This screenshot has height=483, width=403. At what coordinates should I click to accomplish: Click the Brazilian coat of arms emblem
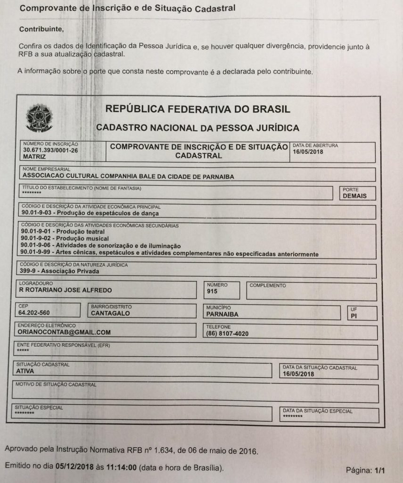click(40, 118)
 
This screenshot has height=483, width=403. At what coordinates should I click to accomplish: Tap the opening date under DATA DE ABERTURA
click(308, 152)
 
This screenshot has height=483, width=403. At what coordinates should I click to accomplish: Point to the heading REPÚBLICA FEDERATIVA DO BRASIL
click(197, 109)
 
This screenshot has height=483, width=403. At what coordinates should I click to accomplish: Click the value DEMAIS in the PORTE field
click(355, 196)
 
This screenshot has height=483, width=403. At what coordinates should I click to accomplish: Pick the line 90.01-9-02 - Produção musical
click(65, 239)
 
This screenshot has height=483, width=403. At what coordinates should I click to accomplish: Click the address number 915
click(212, 292)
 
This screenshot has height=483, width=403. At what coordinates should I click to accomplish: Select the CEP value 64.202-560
click(34, 313)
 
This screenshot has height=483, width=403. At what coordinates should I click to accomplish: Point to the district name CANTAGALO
click(110, 313)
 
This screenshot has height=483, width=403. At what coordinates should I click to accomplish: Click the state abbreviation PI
click(354, 316)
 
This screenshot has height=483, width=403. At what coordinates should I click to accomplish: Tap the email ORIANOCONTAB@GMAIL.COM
click(64, 332)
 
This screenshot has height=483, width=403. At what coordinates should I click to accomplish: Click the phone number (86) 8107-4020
click(227, 333)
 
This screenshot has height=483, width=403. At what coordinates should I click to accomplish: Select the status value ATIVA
click(25, 371)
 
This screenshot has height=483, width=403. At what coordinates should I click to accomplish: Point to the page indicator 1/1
click(379, 470)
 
